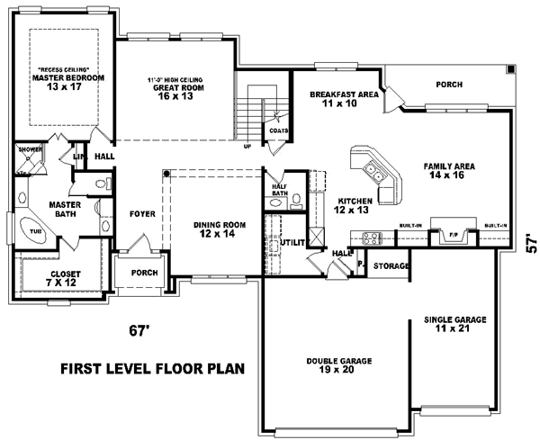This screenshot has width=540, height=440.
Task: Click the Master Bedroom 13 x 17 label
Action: click(68, 83)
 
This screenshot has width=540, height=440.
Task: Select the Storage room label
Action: click(391, 266)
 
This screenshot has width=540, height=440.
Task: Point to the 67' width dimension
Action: click(137, 330)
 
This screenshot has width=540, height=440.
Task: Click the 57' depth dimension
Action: click(531, 243)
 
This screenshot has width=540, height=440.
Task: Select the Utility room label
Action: click(292, 243)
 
